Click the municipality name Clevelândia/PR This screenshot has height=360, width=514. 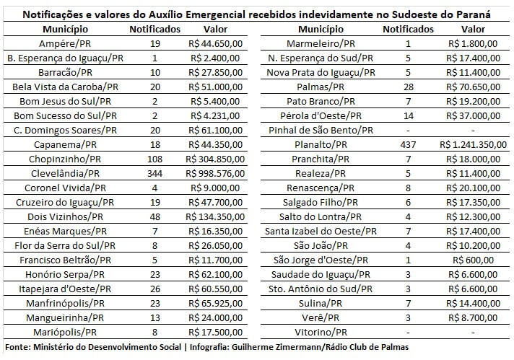(x=66, y=173)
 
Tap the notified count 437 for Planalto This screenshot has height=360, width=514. (x=408, y=144)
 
